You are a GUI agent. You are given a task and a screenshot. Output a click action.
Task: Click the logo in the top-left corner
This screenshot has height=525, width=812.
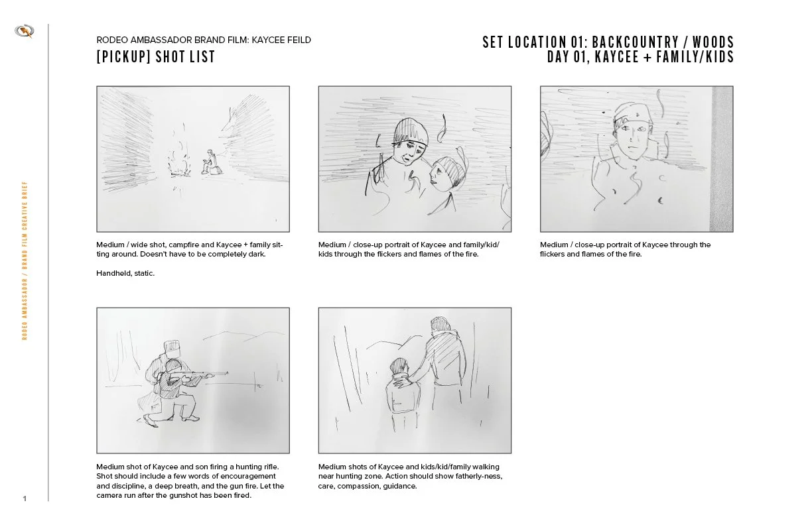[25, 31]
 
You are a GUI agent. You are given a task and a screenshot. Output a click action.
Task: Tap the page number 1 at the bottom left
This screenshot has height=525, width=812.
[25, 498]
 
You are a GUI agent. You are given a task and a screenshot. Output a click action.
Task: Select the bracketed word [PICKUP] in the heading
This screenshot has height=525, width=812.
[123, 56]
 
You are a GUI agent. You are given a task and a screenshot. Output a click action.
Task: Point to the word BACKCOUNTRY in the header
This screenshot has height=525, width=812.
[636, 42]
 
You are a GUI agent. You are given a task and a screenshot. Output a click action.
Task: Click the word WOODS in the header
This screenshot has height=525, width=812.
[713, 42]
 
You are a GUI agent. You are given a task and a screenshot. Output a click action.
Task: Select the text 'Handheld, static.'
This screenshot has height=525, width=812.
[125, 273]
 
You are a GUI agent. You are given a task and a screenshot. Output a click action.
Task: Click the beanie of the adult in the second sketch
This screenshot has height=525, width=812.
[411, 132]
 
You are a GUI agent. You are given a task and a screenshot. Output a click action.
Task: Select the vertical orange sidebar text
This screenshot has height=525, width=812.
[25, 261]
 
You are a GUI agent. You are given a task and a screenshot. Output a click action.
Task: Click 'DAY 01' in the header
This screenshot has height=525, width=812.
[565, 57]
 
